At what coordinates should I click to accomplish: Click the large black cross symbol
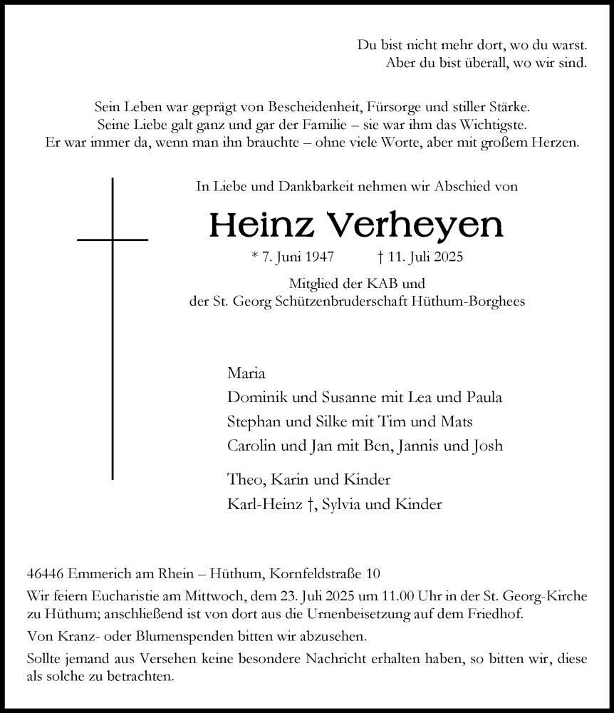point(113,240)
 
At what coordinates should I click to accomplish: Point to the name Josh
point(488,446)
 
